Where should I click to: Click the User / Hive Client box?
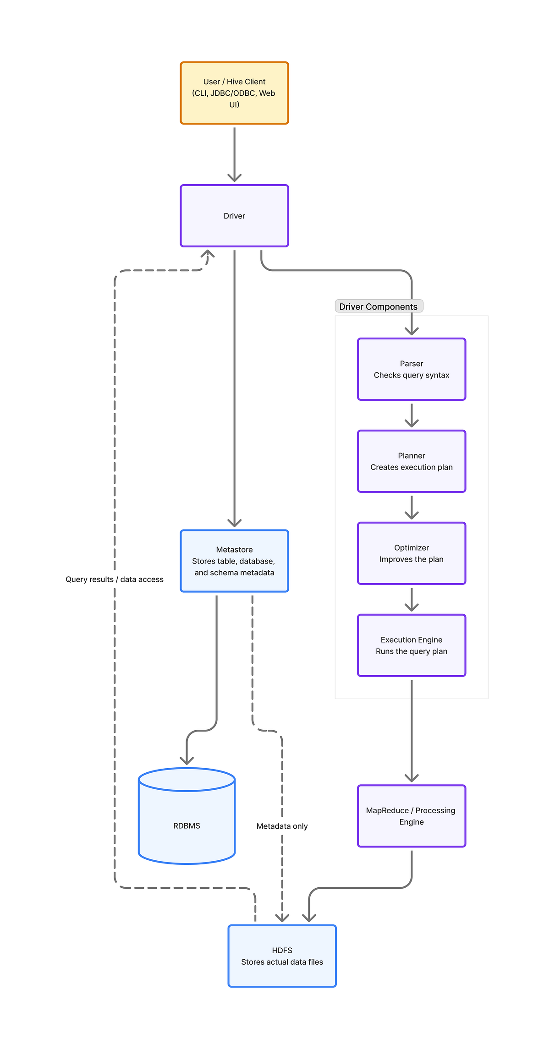[234, 93]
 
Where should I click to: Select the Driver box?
[234, 216]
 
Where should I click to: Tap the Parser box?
[412, 369]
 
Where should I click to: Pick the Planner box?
[412, 461]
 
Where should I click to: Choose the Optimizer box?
[412, 553]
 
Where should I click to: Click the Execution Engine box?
[412, 645]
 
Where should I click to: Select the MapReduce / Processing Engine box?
[412, 816]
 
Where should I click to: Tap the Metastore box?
[234, 561]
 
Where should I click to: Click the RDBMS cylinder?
[187, 816]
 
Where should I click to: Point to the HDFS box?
[282, 956]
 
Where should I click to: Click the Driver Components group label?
[379, 306]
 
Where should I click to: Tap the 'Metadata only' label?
[282, 826]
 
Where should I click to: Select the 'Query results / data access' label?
[115, 579]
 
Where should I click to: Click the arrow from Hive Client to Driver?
[234, 155]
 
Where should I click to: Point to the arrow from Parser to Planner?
[412, 415]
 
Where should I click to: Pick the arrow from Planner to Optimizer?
[412, 508]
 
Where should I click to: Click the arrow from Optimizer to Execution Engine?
[412, 600]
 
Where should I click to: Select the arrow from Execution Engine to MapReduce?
[412, 731]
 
